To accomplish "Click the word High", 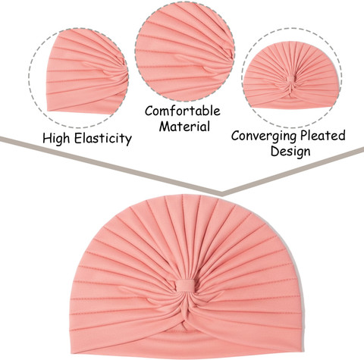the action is [57, 139].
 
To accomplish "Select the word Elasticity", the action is [103, 138].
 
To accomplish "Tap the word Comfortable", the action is [183, 111].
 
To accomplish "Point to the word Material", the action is [184, 126].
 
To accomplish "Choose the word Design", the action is [290, 152].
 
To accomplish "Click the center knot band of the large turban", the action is [186, 286].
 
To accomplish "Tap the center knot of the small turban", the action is [290, 80].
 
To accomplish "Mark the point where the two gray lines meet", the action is [222, 194].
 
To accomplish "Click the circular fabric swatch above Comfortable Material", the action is [185, 52].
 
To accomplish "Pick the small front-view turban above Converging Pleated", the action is [290, 75].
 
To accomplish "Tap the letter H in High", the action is [47, 138].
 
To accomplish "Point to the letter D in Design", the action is [275, 151].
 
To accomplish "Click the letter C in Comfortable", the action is [149, 111].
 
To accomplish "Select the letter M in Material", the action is [165, 126].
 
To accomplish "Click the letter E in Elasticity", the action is [79, 138].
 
